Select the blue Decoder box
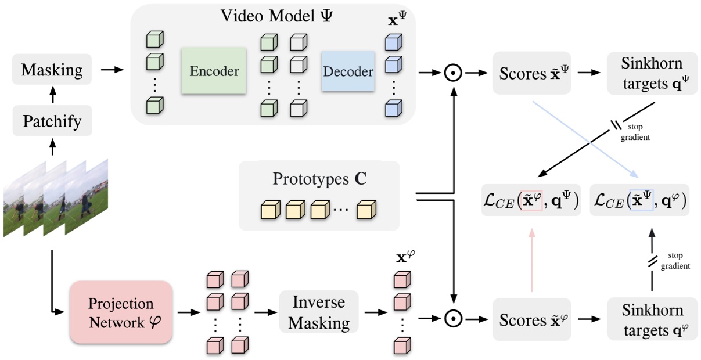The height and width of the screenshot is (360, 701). click(348, 71)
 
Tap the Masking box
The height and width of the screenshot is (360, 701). click(52, 70)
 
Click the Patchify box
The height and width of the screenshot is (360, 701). click(52, 121)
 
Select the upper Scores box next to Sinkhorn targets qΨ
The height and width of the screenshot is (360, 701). click(532, 74)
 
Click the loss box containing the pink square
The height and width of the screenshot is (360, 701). click(531, 200)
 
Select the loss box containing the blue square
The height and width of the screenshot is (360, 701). click(639, 200)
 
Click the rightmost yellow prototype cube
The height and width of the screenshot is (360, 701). click(366, 208)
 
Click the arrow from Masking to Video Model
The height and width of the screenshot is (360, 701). click(112, 70)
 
